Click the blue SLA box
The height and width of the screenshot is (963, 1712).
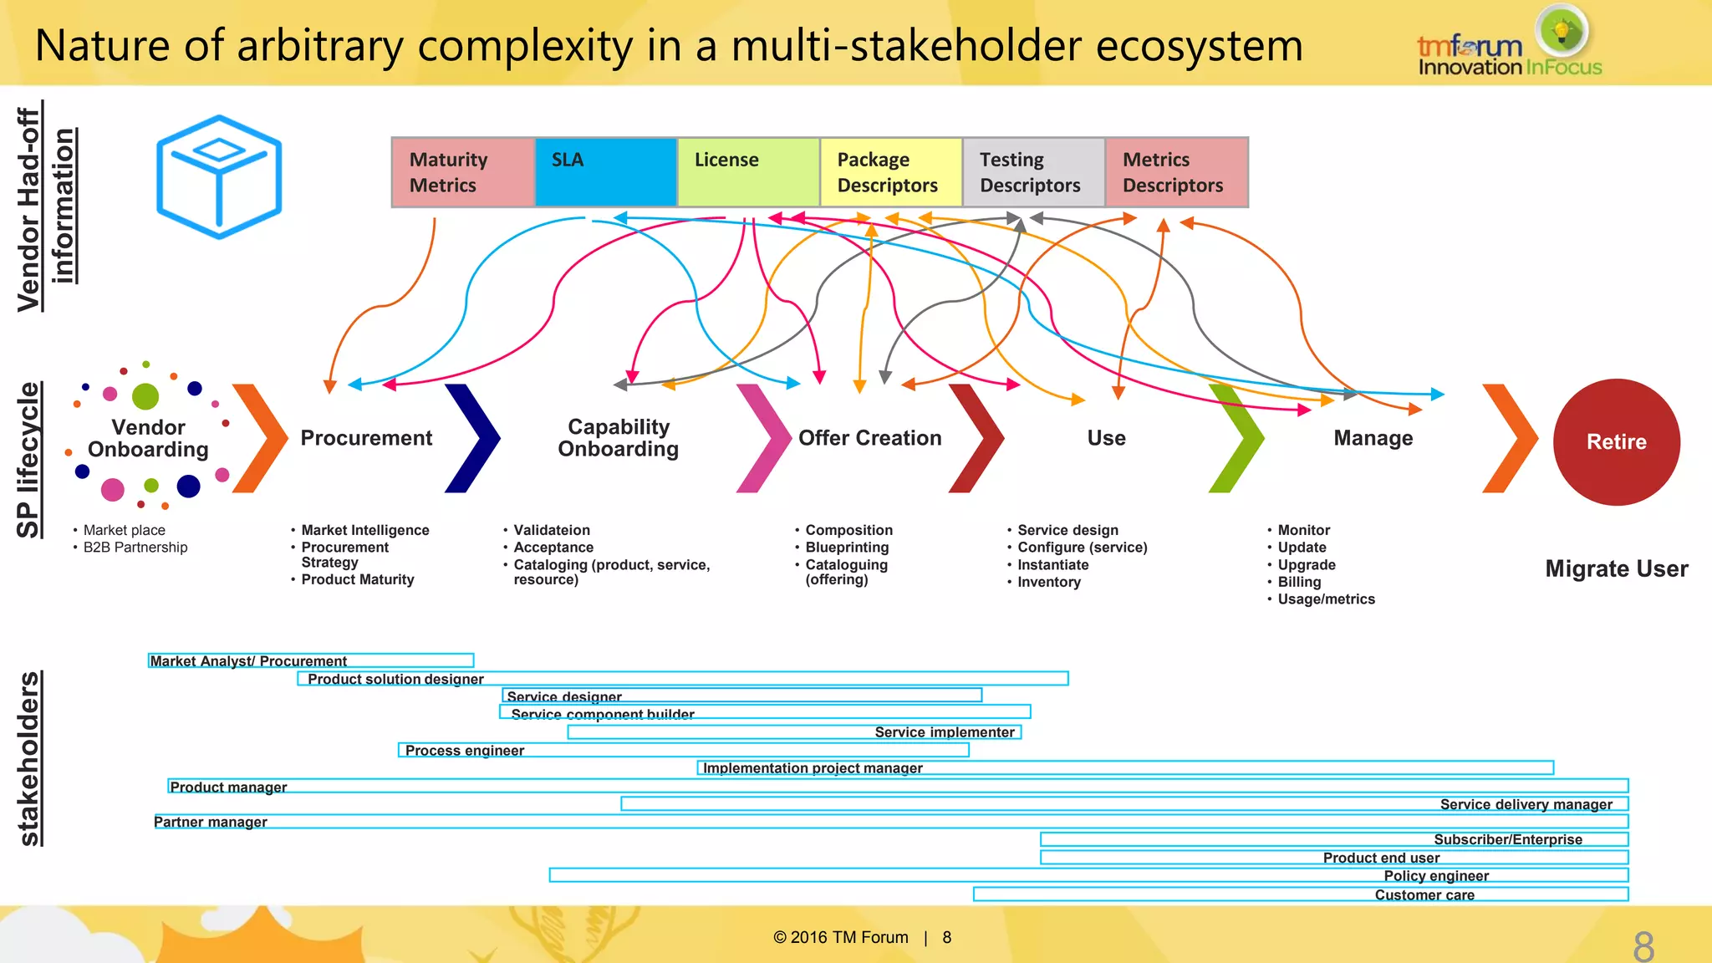[605, 172]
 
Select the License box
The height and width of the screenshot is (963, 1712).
[748, 172]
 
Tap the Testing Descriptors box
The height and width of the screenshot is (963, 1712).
[1033, 172]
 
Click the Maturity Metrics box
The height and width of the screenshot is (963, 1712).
[462, 172]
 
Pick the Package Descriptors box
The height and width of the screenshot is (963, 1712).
[890, 172]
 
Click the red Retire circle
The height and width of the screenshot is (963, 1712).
[1616, 442]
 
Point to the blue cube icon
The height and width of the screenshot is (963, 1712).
[219, 176]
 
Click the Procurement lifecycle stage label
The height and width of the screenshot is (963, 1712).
[366, 438]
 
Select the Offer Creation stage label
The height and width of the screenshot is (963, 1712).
[869, 438]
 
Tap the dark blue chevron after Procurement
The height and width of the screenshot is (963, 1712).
[474, 438]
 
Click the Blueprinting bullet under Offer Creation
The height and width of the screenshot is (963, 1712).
[847, 548]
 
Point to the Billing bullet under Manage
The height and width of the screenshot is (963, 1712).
[1299, 582]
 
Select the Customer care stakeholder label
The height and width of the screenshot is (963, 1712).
[1424, 895]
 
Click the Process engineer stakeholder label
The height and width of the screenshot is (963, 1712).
[465, 751]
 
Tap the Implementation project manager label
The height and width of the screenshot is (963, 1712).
[813, 768]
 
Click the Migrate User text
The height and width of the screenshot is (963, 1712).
[1616, 569]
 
